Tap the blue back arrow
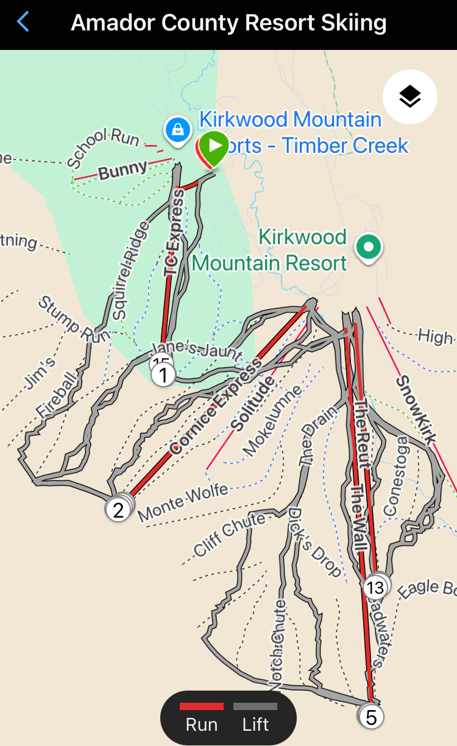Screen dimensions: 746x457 (x=23, y=23)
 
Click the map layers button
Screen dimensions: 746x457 (x=409, y=96)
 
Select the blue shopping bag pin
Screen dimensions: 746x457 (x=177, y=130)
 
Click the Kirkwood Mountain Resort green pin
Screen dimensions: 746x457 (x=368, y=247)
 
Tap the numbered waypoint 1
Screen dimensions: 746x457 (x=163, y=375)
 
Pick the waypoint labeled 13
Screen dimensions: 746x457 (x=375, y=588)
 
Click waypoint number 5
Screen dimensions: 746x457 (x=371, y=717)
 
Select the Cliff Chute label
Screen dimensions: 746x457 (x=230, y=534)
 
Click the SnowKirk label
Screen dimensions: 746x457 (x=417, y=409)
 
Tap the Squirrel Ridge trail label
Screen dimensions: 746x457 (x=130, y=270)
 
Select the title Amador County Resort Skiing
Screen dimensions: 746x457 (x=228, y=23)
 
